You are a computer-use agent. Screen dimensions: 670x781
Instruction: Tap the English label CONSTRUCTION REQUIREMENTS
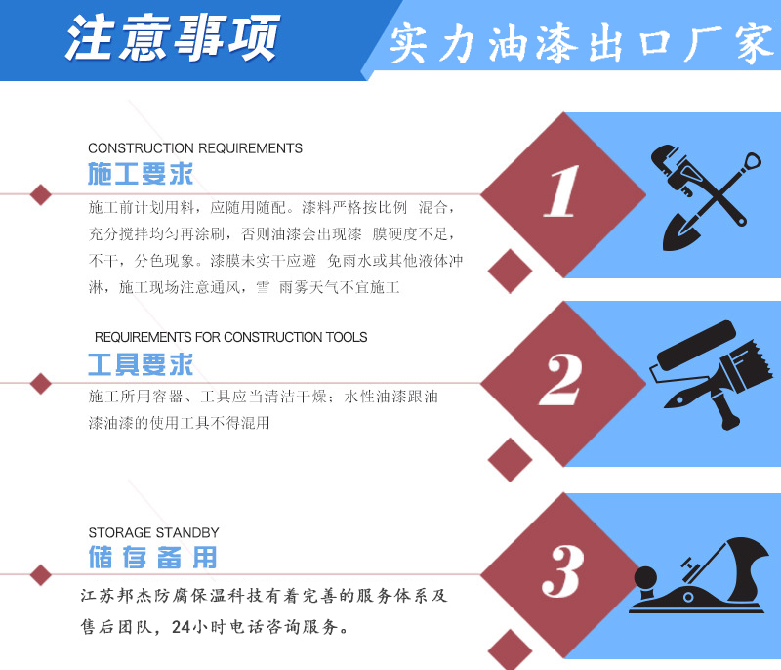pyautogui.click(x=195, y=148)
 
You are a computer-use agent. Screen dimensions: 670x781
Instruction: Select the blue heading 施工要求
pyautogui.click(x=141, y=175)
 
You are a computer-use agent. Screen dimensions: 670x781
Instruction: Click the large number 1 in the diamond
pyautogui.click(x=561, y=191)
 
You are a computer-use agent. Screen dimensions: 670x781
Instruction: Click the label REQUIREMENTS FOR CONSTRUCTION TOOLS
pyautogui.click(x=230, y=337)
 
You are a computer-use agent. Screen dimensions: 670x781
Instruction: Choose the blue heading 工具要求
pyautogui.click(x=141, y=364)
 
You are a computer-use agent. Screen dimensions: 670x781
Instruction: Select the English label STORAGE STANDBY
pyautogui.click(x=153, y=533)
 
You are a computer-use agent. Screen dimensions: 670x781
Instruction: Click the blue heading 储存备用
pyautogui.click(x=152, y=558)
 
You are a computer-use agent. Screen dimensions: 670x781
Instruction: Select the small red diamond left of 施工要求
pyautogui.click(x=40, y=193)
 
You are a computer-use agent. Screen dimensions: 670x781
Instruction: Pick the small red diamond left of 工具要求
pyautogui.click(x=40, y=383)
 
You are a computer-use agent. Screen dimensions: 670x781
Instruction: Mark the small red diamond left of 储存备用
pyautogui.click(x=40, y=574)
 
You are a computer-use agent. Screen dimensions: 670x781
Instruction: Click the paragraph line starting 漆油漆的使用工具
pyautogui.click(x=179, y=423)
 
